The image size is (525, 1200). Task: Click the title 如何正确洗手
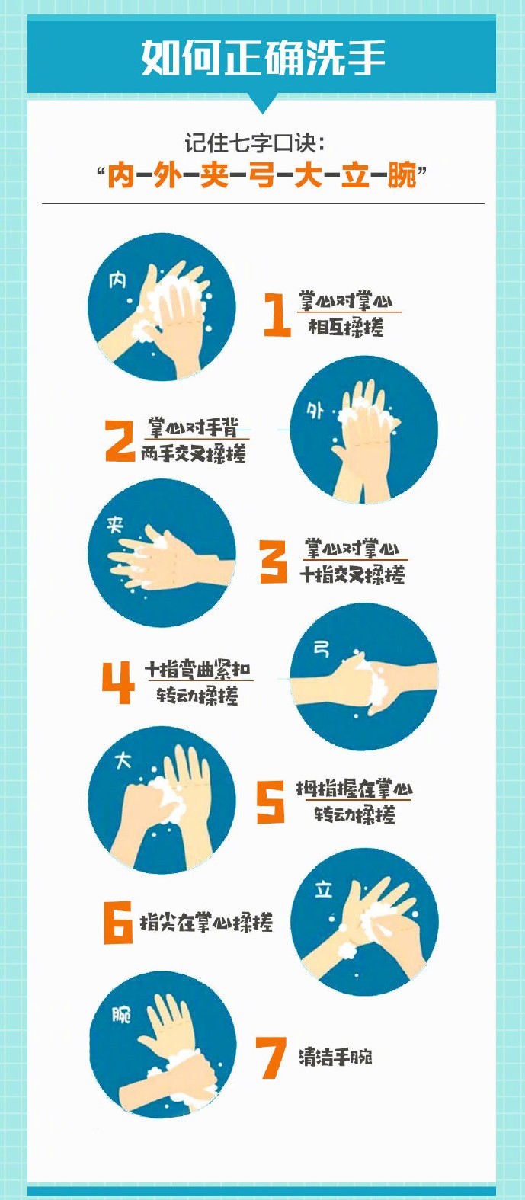[x=263, y=57]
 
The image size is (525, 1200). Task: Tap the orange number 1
[x=277, y=315]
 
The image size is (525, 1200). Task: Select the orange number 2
[x=120, y=440]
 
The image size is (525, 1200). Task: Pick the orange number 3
[x=274, y=561]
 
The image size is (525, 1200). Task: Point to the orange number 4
[x=118, y=682]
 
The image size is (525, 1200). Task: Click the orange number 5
[x=271, y=802]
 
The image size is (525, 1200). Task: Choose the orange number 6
[x=118, y=923]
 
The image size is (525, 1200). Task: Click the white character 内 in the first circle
[x=117, y=280]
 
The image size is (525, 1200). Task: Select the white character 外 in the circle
[x=315, y=411]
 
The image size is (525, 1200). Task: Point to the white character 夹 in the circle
[x=115, y=525]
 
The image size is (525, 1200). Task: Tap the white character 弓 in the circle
[x=321, y=650]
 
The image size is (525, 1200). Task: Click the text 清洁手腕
[x=335, y=1057]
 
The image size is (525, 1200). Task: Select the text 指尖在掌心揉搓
[x=206, y=922]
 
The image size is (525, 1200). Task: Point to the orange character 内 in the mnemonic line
[x=121, y=176]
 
